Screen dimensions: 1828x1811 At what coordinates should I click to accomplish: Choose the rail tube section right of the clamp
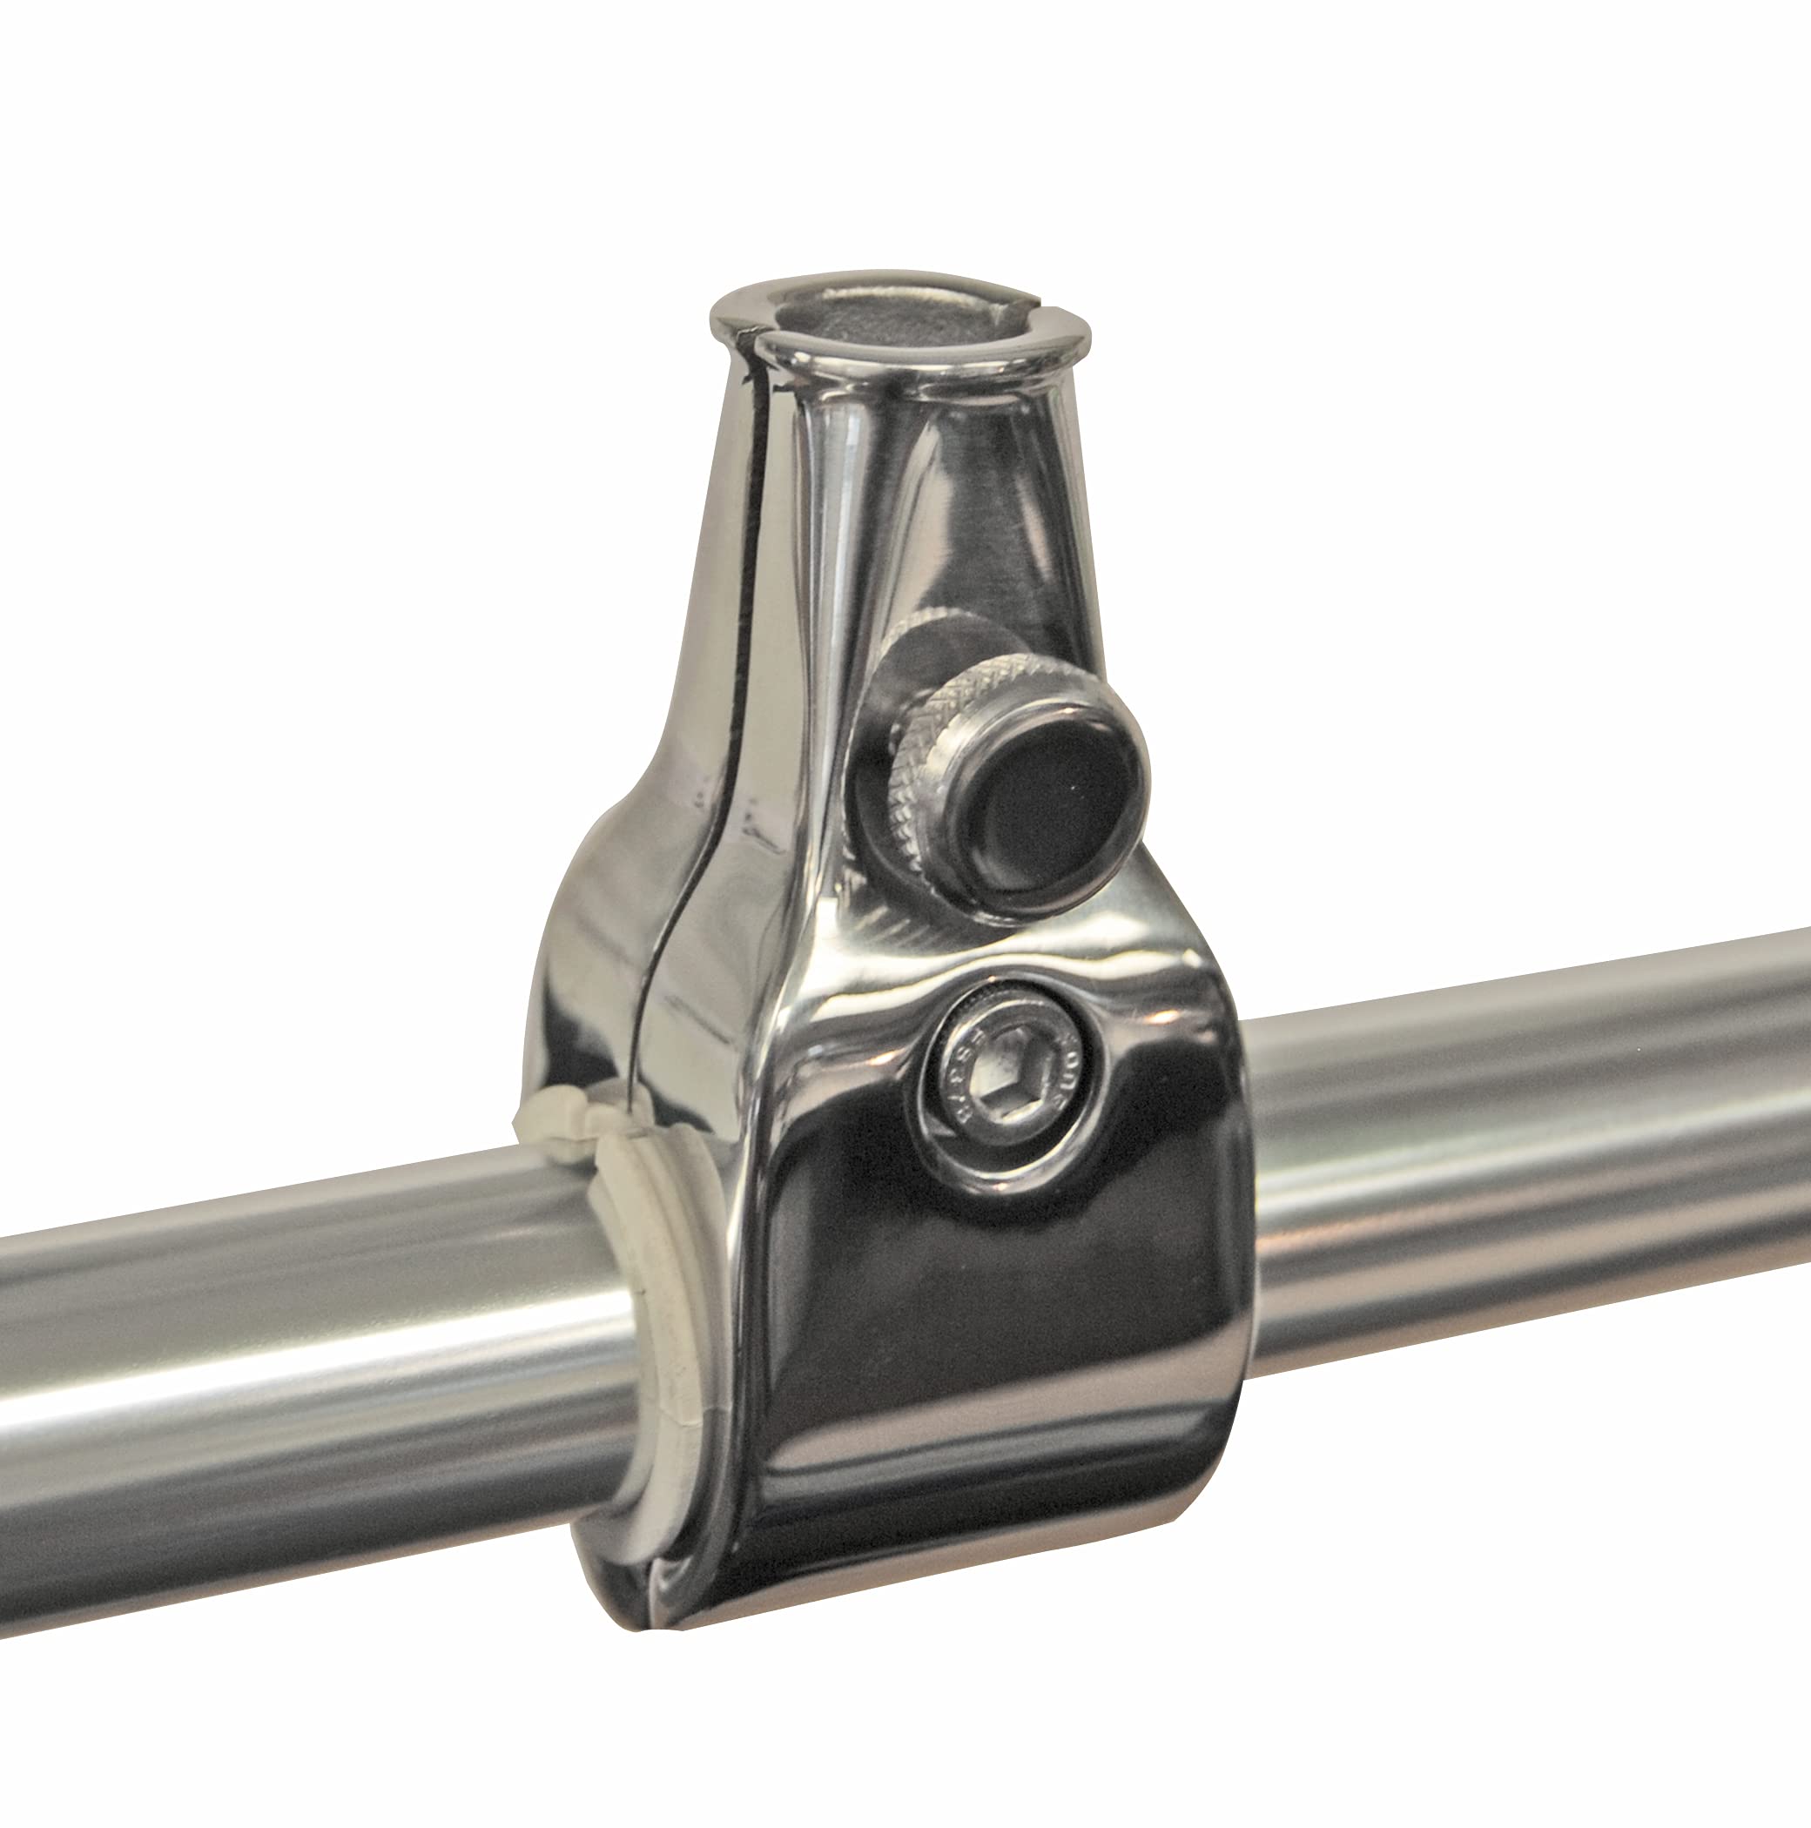click(x=1514, y=1135)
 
